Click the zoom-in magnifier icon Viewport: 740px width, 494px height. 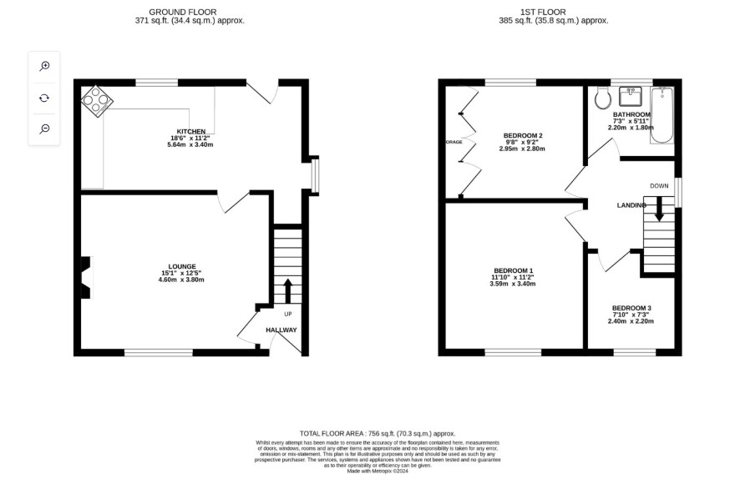(44, 66)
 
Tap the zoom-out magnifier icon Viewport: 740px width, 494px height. (44, 129)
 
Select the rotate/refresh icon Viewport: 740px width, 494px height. (44, 98)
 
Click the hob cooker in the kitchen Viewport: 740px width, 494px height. (97, 101)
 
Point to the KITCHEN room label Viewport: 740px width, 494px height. (190, 132)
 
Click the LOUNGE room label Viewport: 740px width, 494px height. (182, 266)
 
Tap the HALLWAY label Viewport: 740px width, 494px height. (281, 330)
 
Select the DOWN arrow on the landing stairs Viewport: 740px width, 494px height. (659, 209)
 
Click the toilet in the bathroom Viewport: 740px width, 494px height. (603, 98)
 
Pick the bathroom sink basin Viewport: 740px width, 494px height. (630, 96)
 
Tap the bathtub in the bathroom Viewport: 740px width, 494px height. (661, 115)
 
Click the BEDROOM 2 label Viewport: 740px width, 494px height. (523, 136)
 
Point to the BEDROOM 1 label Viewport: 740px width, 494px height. (513, 270)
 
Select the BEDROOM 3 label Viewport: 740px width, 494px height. (631, 308)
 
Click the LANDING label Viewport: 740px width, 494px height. (631, 205)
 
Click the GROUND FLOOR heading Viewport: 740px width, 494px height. (183, 13)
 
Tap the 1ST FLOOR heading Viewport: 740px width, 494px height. (543, 13)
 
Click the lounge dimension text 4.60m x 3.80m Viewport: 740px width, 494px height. (181, 280)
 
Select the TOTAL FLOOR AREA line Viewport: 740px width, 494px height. (378, 434)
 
